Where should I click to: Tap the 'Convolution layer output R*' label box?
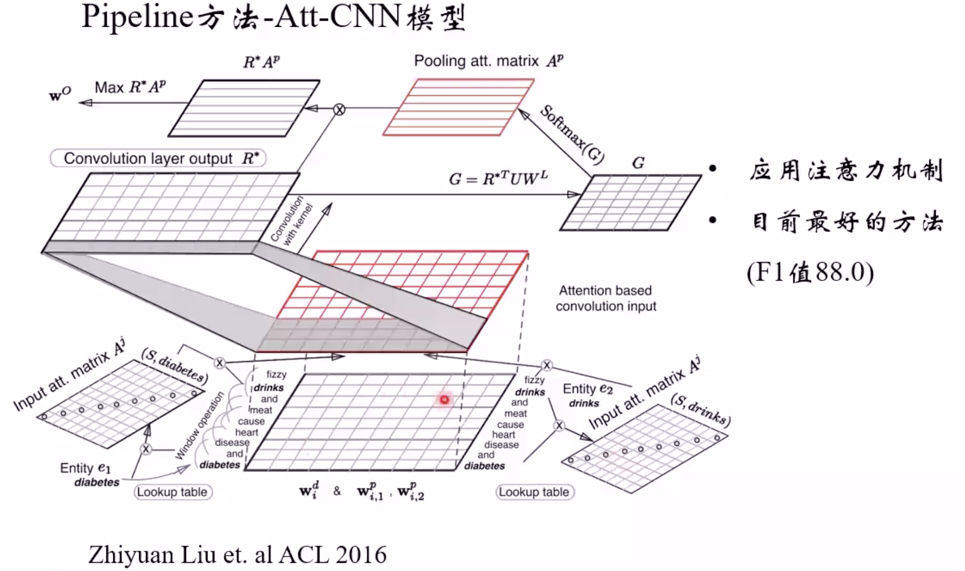pyautogui.click(x=158, y=158)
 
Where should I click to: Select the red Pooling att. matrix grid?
pyautogui.click(x=458, y=108)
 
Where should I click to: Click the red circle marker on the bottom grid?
pyautogui.click(x=444, y=399)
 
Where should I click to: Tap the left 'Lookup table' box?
pyautogui.click(x=172, y=492)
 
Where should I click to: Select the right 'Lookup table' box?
pyautogui.click(x=534, y=492)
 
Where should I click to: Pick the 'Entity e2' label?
pyautogui.click(x=587, y=389)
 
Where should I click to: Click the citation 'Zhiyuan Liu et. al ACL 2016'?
pyautogui.click(x=237, y=555)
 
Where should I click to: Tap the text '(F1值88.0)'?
pyautogui.click(x=810, y=273)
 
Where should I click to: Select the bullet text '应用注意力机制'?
pyautogui.click(x=845, y=171)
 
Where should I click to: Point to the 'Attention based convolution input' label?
pyautogui.click(x=606, y=298)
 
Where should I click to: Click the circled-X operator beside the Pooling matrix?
pyautogui.click(x=339, y=110)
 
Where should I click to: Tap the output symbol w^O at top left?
pyautogui.click(x=60, y=94)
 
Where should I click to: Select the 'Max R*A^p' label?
pyautogui.click(x=130, y=87)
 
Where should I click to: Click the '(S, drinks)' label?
pyautogui.click(x=700, y=410)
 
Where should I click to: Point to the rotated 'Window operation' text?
pyautogui.click(x=199, y=425)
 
